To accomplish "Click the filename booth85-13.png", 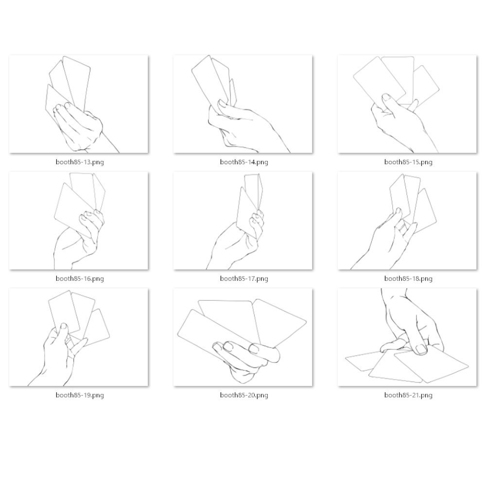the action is (80, 162).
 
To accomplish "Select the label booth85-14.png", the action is (244, 162).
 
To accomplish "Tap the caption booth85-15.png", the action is (408, 162).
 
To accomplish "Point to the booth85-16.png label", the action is (80, 278).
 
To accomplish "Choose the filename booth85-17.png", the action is (244, 278).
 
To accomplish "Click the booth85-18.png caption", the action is (408, 278).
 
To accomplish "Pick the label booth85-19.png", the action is (80, 395).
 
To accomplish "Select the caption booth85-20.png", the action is (244, 395).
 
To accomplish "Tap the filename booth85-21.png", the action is (408, 395).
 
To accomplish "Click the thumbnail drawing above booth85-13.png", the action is (79, 104).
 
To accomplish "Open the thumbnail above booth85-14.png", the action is (243, 104).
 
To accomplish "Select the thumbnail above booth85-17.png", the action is (243, 221).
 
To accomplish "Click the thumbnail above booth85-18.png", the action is (407, 221).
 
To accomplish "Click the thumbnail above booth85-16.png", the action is (79, 221).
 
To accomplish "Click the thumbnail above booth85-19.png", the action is (79, 337).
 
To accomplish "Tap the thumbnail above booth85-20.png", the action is (243, 337).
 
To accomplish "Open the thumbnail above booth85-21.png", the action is (407, 337).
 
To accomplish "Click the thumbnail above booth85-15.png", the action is (407, 104).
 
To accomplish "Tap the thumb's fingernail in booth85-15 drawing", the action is (386, 97).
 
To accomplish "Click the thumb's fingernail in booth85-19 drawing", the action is (64, 326).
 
